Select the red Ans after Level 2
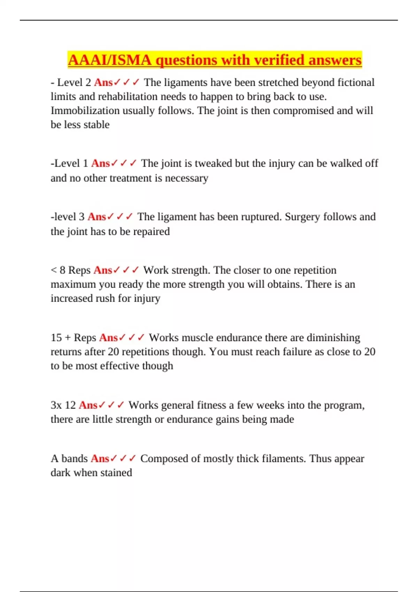[x=103, y=83]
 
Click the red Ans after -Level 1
[x=101, y=163]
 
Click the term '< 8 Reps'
[x=71, y=270]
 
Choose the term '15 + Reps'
[x=73, y=338]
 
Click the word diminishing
[x=333, y=338]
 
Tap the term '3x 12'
[x=63, y=405]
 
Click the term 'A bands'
[x=69, y=459]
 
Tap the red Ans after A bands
[x=100, y=459]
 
